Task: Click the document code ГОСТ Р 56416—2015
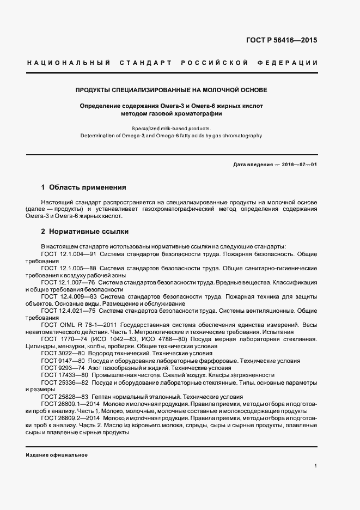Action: [282, 40]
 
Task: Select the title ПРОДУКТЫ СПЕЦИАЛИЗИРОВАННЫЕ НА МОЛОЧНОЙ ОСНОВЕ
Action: [171, 89]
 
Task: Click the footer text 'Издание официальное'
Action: [56, 454]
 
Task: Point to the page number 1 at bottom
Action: [316, 466]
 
